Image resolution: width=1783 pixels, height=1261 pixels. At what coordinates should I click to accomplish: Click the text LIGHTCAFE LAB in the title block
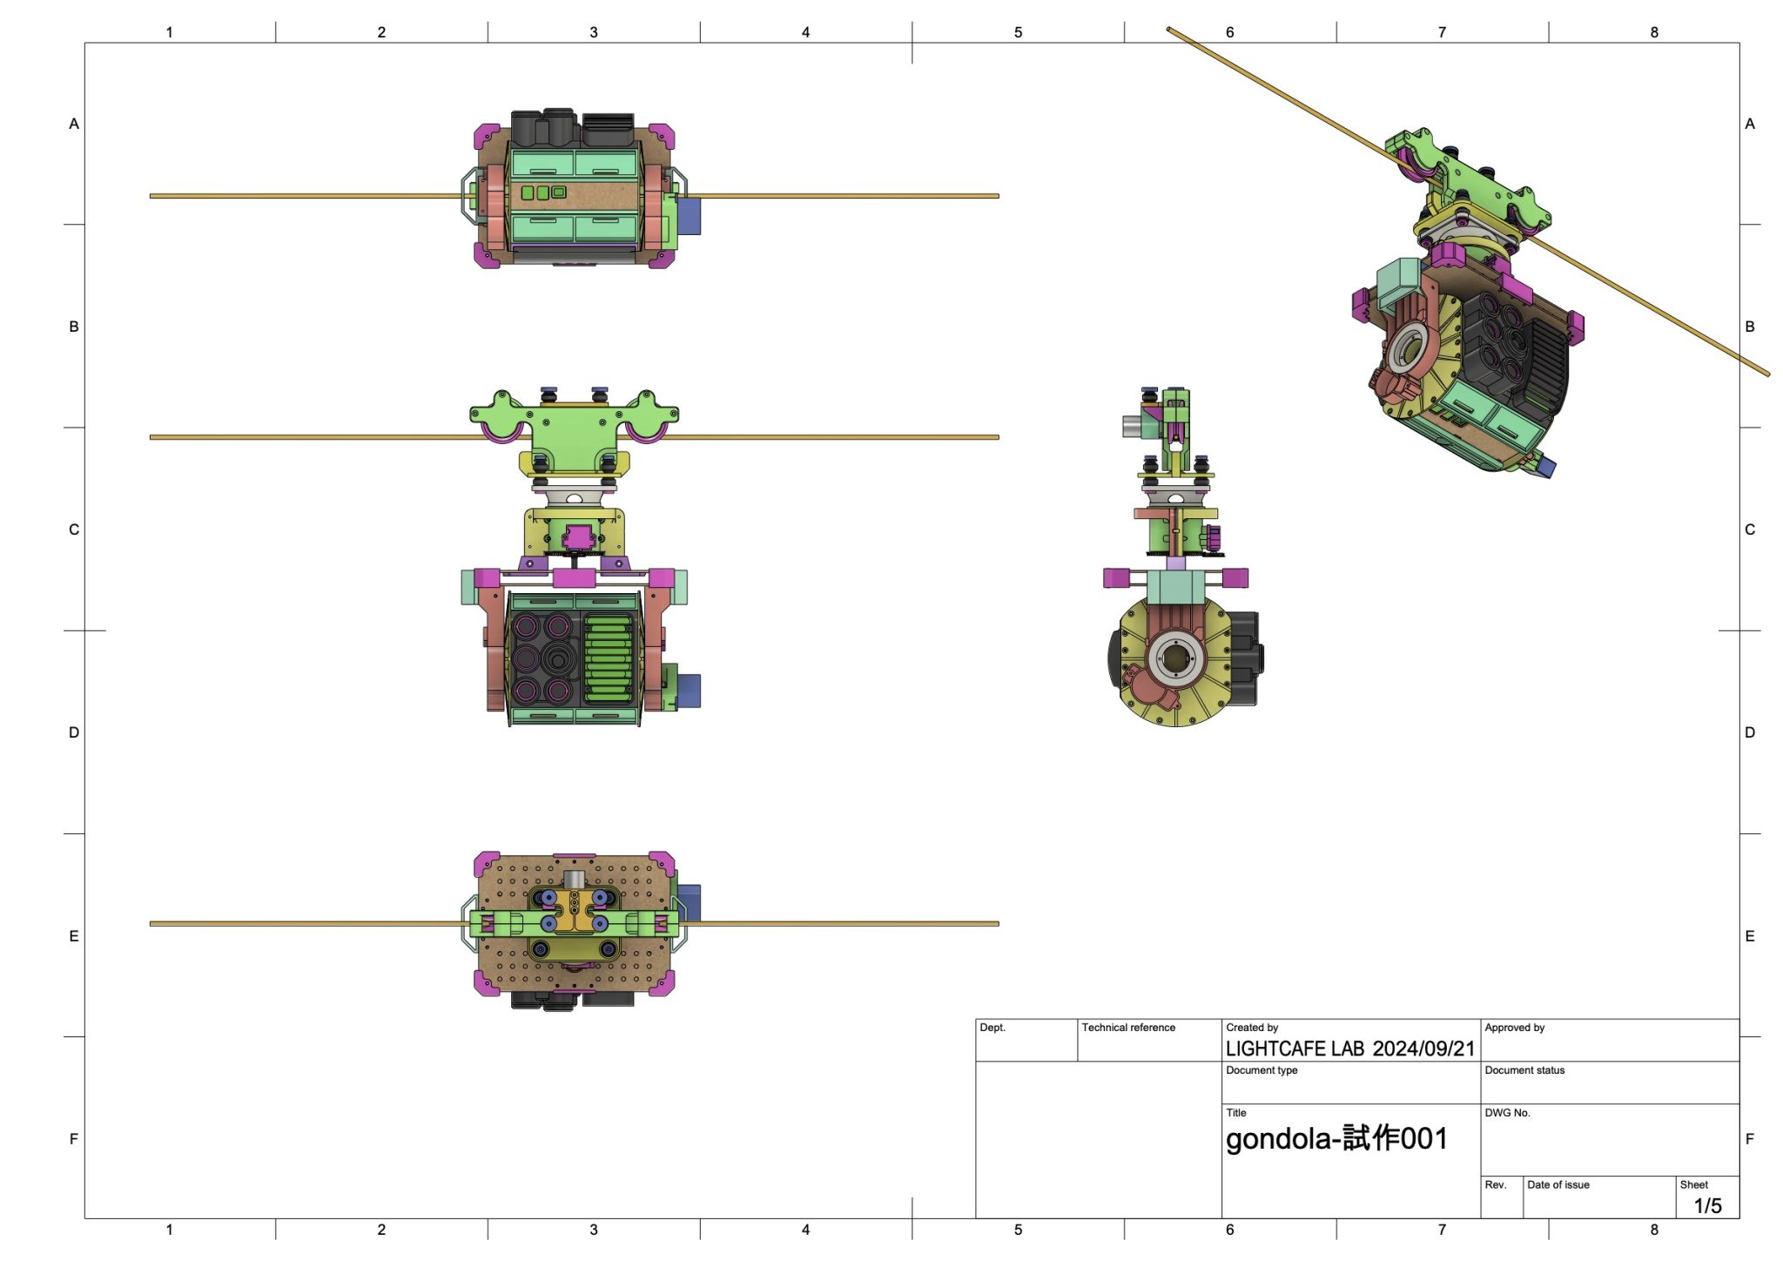1295,1049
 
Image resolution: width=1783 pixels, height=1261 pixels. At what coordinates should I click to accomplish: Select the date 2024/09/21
1423,1049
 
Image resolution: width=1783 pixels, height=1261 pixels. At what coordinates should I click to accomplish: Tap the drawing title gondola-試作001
1336,1138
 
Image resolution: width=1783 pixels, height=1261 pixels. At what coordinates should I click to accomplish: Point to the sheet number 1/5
1707,1205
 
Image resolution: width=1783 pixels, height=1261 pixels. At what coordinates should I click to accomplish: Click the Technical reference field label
1128,1028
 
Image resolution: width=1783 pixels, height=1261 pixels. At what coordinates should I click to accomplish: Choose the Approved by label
1514,1028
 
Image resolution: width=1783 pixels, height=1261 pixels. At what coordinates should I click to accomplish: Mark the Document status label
1524,1070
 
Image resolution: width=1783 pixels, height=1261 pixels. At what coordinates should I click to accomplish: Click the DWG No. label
1507,1113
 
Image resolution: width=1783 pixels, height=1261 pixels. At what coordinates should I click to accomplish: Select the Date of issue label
1558,1184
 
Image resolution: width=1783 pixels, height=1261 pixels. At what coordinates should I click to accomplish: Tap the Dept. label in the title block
992,1028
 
